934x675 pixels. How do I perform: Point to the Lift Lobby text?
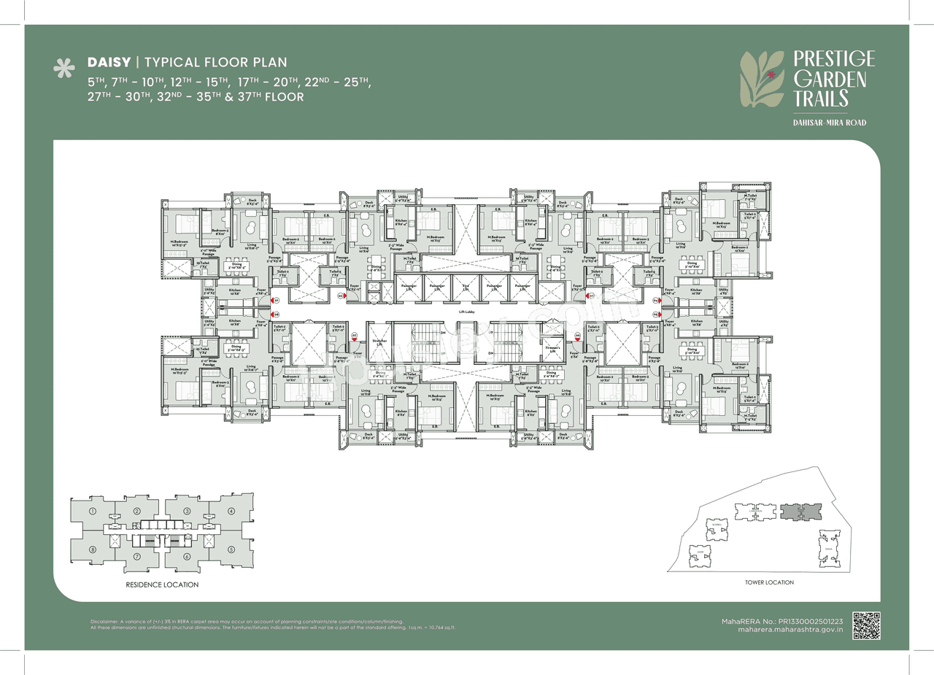click(x=467, y=312)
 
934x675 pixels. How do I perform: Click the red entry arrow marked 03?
click(x=341, y=296)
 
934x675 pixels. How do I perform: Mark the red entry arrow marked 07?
click(x=355, y=338)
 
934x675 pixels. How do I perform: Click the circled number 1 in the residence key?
click(x=93, y=512)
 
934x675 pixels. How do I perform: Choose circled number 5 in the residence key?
click(x=231, y=549)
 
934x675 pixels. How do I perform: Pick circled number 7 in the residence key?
click(x=137, y=558)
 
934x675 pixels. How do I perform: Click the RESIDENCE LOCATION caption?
click(x=162, y=585)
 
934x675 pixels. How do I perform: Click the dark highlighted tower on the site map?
click(x=799, y=511)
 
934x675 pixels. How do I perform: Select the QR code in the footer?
click(x=867, y=625)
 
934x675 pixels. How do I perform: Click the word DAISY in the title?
click(x=109, y=62)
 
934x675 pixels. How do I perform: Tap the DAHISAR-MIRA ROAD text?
click(x=830, y=123)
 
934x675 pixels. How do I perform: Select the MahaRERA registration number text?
click(x=780, y=620)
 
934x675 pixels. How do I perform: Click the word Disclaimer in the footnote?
click(x=104, y=621)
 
